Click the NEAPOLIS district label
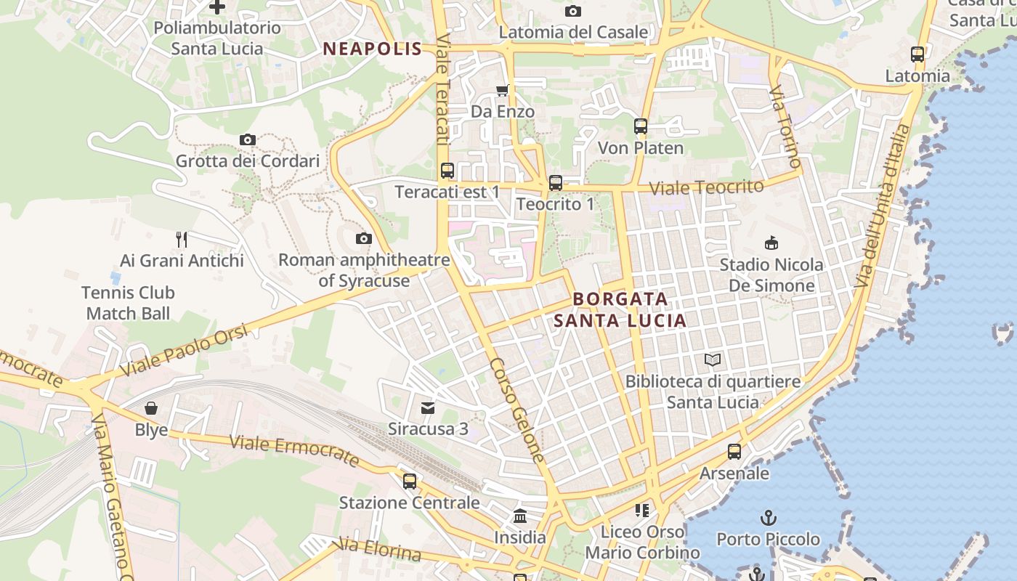(372, 49)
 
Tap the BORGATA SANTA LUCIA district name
(620, 309)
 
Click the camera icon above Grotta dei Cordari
(247, 139)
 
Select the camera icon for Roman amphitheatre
(363, 238)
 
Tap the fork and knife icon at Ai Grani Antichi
(182, 239)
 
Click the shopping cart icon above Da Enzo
(502, 90)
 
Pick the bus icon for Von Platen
(640, 126)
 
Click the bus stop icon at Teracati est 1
(447, 171)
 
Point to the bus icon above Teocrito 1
(555, 183)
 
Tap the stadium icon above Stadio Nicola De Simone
(771, 243)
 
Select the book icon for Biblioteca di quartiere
(713, 359)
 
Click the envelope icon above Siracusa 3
(428, 407)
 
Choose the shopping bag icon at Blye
(151, 408)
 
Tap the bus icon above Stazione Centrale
(409, 481)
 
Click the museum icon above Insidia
(520, 516)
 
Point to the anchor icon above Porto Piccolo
(768, 518)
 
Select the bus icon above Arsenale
(734, 452)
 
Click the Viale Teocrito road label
(706, 187)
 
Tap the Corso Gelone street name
(516, 410)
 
